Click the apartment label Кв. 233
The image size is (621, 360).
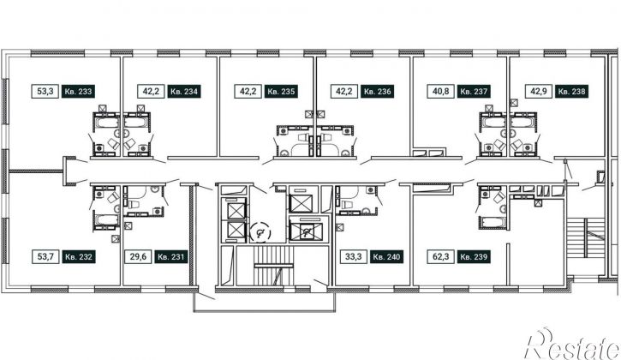click(79, 92)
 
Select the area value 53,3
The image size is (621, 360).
click(45, 92)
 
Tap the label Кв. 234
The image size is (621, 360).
click(184, 92)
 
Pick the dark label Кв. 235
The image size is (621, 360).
click(281, 92)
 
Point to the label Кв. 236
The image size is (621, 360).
click(378, 92)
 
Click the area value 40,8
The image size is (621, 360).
click(440, 92)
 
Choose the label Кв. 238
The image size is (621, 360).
click(571, 92)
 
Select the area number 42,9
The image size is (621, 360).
click(538, 92)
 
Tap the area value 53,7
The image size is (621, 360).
click(45, 256)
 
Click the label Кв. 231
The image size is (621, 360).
click(171, 256)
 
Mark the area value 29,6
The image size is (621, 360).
click(138, 256)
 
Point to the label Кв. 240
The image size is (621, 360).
click(387, 256)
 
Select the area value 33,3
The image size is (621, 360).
click(353, 256)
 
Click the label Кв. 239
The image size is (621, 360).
click(474, 256)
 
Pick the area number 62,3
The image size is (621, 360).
click(440, 256)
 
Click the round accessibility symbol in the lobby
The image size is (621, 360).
click(260, 233)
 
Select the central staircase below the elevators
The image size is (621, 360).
click(273, 266)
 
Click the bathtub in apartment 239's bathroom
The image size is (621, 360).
click(493, 222)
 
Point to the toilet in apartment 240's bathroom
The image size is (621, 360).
click(346, 204)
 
